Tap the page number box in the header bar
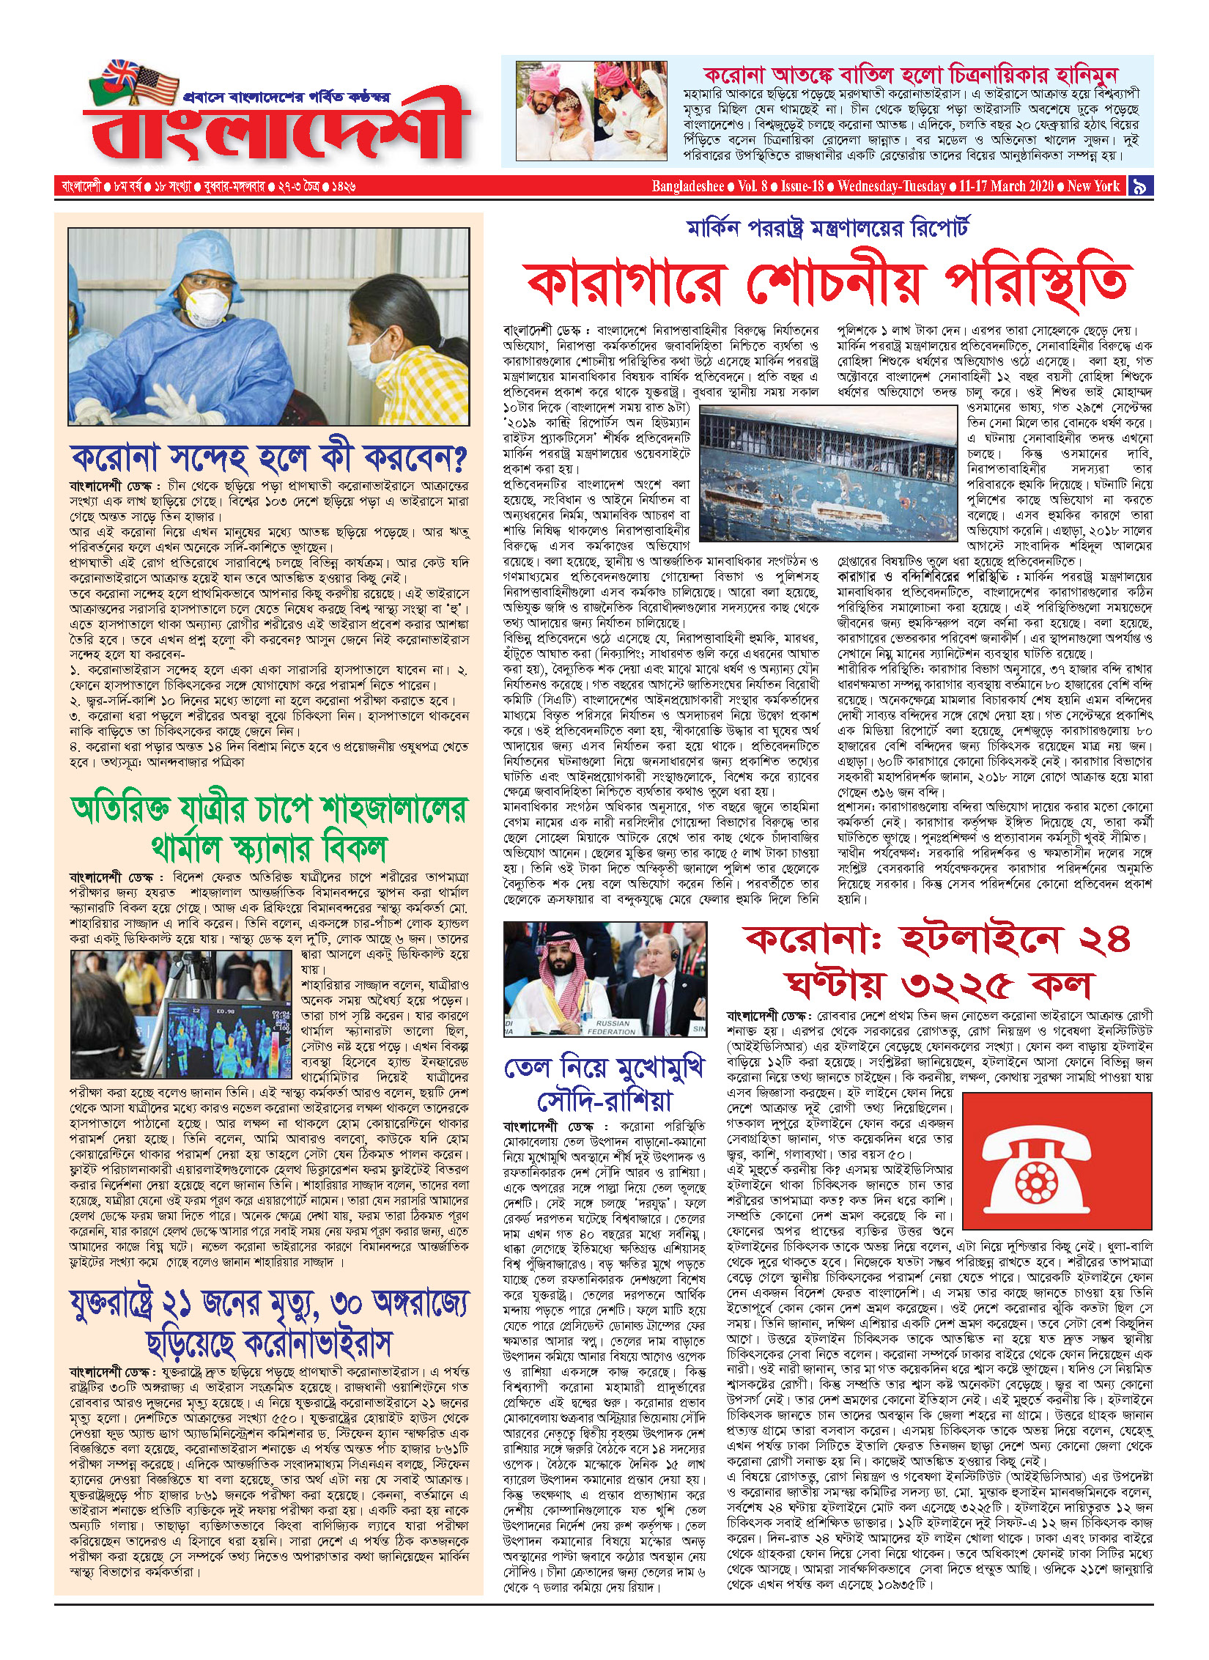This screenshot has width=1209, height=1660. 1139,186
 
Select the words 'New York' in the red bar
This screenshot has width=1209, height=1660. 1093,186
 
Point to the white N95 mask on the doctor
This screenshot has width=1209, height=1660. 207,306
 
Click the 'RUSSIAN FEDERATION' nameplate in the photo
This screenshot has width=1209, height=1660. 613,1027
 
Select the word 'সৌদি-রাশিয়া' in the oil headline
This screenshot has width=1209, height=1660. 604,1102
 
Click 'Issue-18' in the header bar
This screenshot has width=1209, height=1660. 802,186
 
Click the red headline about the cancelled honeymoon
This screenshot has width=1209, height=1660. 910,74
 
